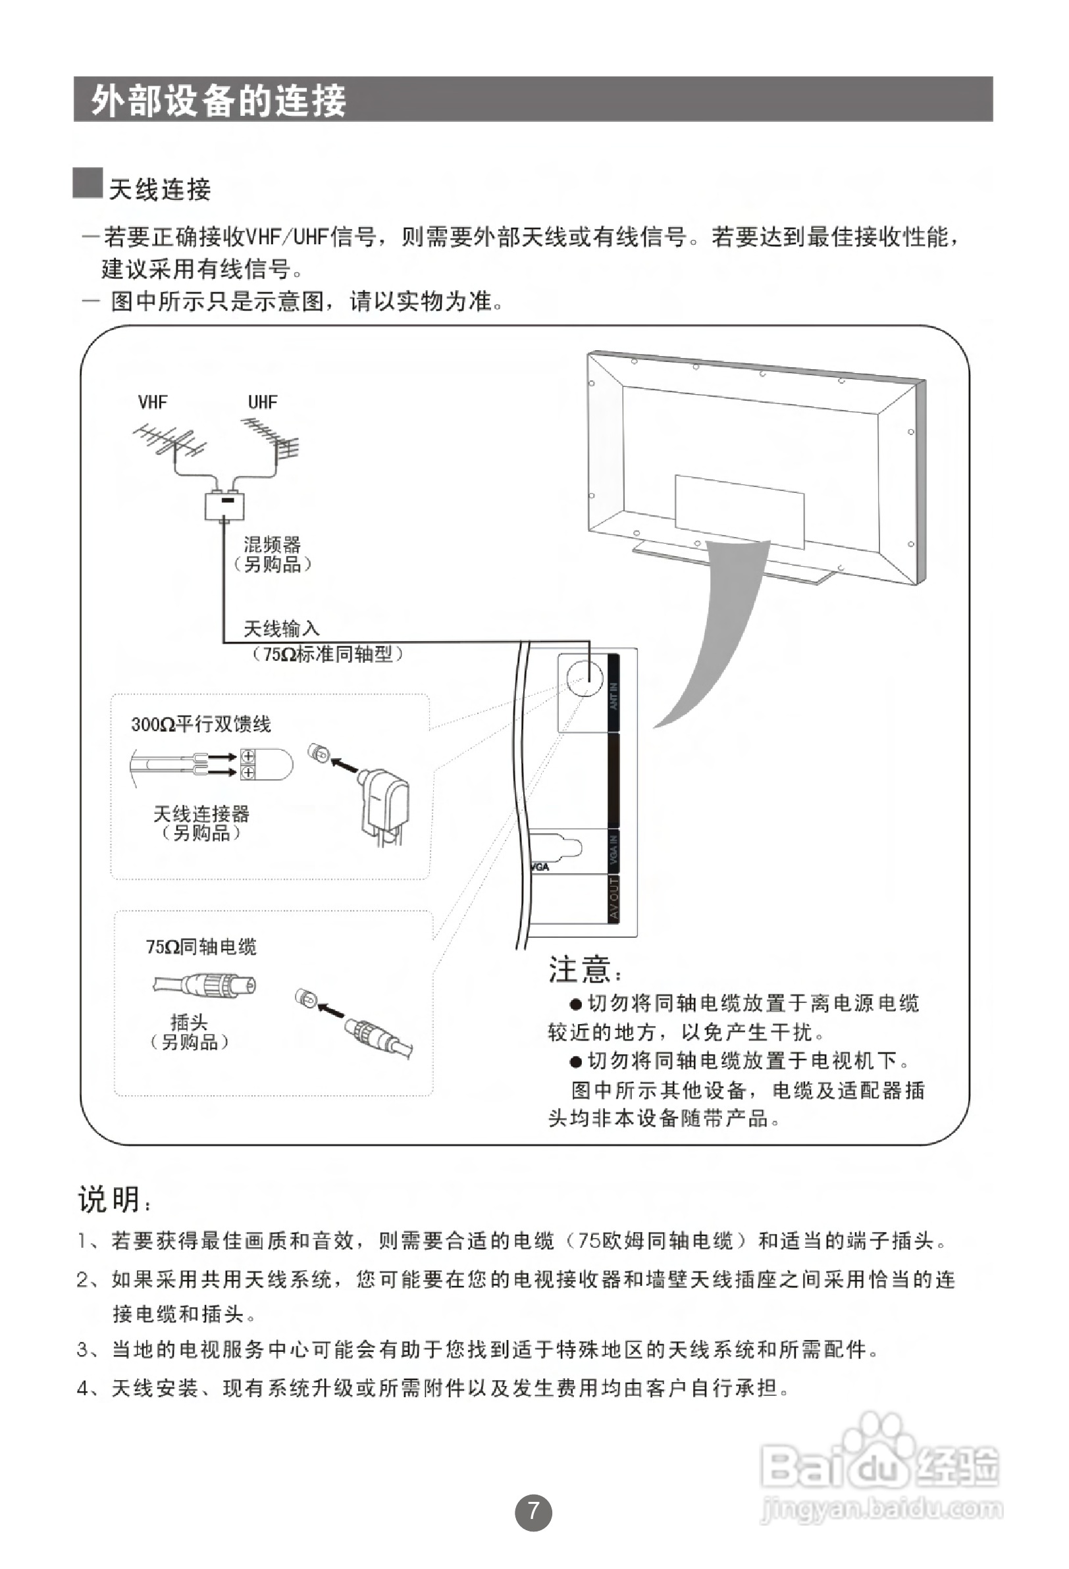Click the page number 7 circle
(x=533, y=1512)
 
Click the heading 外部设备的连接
(x=219, y=100)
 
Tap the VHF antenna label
(x=153, y=402)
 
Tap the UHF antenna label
(x=262, y=402)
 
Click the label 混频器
(x=272, y=544)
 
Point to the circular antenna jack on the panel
(x=584, y=677)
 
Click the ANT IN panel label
(x=614, y=695)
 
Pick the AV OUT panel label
(x=614, y=898)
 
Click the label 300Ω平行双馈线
(x=201, y=725)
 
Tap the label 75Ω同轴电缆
(x=201, y=947)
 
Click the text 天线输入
(x=281, y=629)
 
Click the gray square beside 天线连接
(x=88, y=183)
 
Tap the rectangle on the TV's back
(x=739, y=511)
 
